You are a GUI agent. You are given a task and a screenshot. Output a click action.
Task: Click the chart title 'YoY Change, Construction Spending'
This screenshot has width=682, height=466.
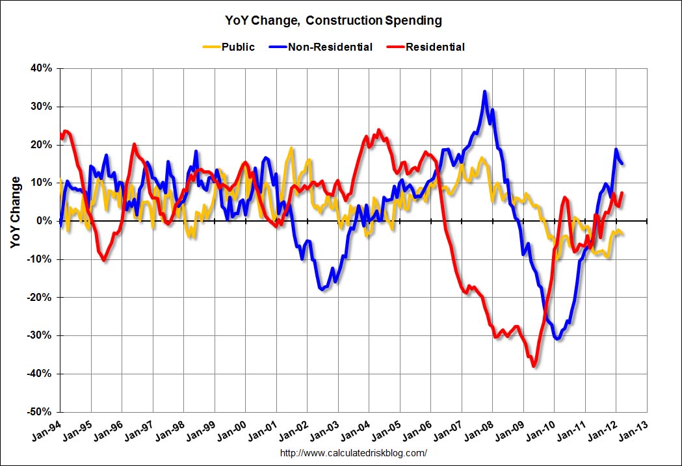(339, 21)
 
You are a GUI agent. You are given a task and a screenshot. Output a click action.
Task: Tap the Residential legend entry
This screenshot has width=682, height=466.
(435, 47)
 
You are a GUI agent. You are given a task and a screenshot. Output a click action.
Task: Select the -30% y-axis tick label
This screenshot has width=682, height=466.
(40, 335)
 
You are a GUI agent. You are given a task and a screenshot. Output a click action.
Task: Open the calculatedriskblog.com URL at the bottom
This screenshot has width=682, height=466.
(353, 453)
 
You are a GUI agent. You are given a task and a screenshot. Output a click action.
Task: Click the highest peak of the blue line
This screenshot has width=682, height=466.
(484, 92)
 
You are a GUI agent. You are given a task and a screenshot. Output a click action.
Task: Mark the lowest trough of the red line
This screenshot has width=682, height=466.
(534, 367)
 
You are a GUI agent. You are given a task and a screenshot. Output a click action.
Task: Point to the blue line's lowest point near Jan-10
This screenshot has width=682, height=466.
(557, 339)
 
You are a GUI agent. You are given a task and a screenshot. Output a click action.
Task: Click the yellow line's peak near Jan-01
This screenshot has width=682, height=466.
(291, 148)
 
